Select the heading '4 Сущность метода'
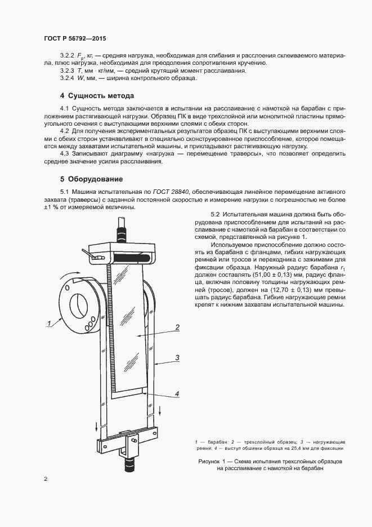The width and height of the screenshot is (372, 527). pos(97,96)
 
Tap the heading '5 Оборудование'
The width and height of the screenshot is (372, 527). pos(92,179)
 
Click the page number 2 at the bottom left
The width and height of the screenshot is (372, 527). pos(46,479)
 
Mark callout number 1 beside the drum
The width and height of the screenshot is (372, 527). pos(49,322)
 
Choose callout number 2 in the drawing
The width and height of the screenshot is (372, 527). pos(177,327)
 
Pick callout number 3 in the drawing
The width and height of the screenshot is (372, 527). pos(177,357)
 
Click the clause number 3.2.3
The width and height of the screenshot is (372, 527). pos(67,71)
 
